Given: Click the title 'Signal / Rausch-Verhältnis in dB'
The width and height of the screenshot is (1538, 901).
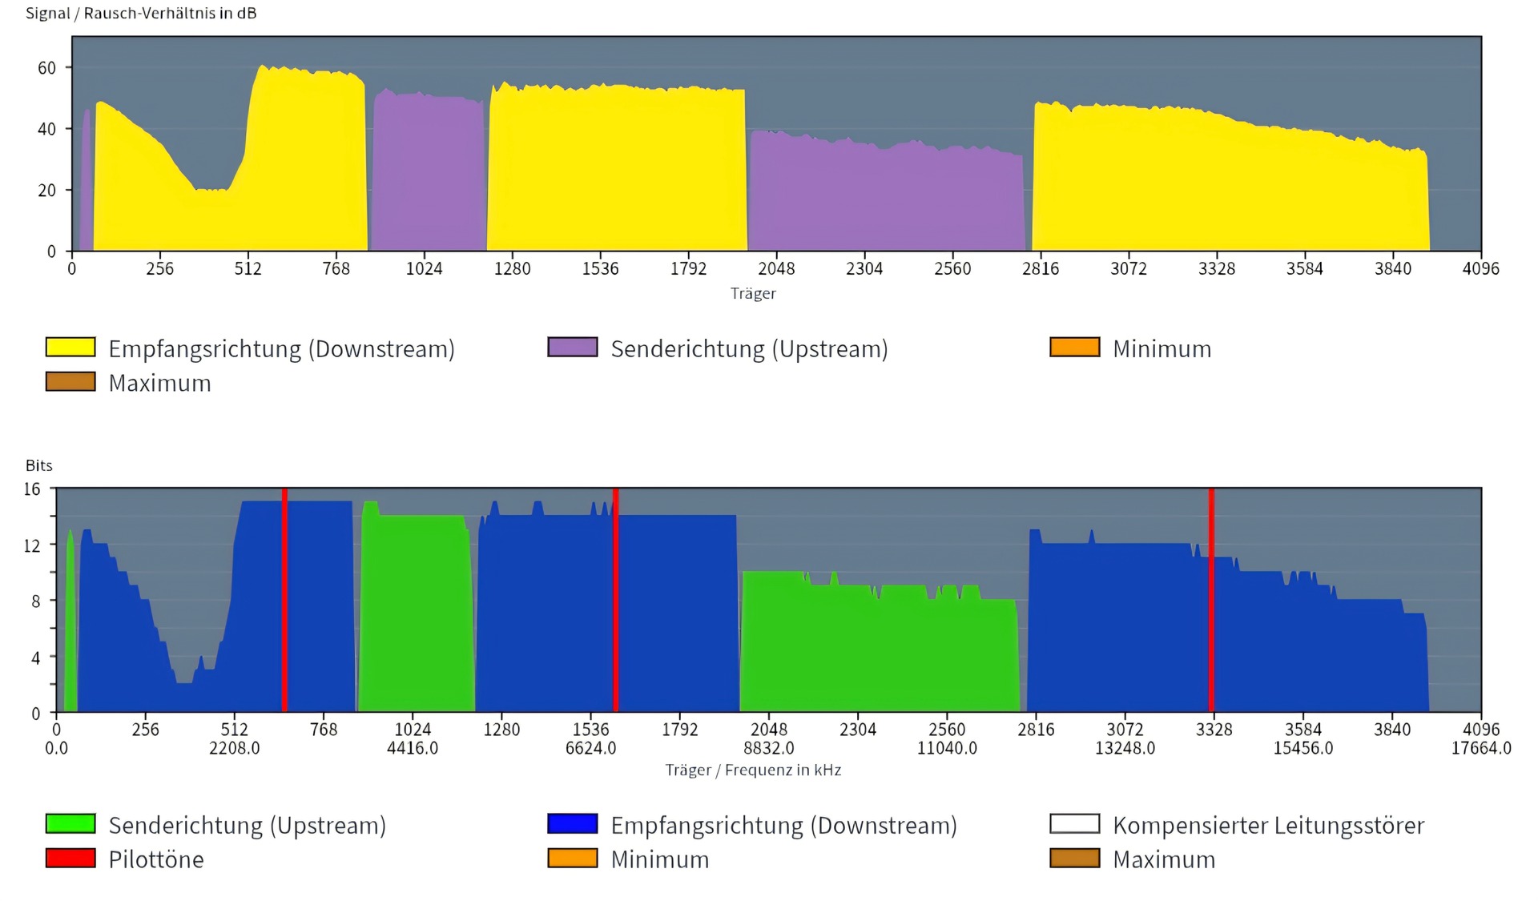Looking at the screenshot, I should [x=141, y=14].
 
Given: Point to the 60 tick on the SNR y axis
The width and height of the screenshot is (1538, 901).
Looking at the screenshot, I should [x=47, y=68].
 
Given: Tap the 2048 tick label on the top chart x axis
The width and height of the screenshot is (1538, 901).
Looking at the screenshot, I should [x=776, y=269].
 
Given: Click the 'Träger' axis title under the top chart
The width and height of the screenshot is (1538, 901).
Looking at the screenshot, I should [x=753, y=293].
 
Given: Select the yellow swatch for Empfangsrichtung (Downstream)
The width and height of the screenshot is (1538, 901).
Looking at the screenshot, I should [x=70, y=348].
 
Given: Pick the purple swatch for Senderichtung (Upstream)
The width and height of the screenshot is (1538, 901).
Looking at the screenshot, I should [x=573, y=348].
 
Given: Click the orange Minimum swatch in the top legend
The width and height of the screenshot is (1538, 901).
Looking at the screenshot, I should [x=1074, y=348].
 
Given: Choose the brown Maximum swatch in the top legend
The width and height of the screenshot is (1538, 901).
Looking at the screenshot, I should [x=70, y=382].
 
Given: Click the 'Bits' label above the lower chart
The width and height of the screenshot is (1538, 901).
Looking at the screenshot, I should [x=39, y=465].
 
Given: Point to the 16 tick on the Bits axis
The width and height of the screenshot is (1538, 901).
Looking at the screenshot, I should [x=32, y=489].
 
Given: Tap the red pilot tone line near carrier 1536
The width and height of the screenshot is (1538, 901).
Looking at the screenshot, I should [x=615, y=601].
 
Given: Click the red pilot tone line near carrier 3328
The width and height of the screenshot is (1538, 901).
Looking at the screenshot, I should [x=1211, y=601].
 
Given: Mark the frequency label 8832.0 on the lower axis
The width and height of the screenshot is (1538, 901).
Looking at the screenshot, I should [x=769, y=748].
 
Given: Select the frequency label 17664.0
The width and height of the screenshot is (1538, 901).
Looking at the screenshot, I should [x=1481, y=748].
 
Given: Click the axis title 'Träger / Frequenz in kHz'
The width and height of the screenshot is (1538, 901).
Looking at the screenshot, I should [x=753, y=770].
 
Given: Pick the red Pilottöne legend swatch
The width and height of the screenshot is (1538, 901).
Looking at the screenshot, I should [x=70, y=859].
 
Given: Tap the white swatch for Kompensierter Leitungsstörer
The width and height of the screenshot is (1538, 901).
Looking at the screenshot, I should [x=1074, y=824].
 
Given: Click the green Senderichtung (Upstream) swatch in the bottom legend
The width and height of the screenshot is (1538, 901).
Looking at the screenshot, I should [x=70, y=824].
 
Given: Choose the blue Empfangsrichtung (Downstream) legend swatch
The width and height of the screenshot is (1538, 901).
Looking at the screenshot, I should [x=573, y=824].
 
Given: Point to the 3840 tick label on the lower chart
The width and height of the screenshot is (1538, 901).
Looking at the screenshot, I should [x=1392, y=730].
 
